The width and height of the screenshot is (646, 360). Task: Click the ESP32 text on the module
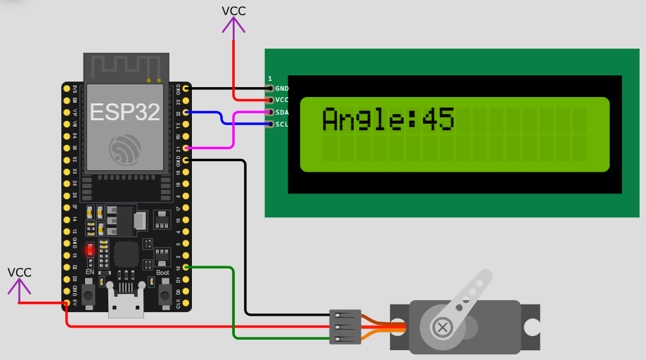click(x=124, y=112)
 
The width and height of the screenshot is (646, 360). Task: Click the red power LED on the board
click(x=89, y=250)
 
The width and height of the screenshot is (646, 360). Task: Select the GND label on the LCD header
click(x=282, y=89)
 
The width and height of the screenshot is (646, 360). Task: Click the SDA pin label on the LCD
click(x=282, y=112)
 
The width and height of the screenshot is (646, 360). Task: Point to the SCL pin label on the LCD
click(x=282, y=124)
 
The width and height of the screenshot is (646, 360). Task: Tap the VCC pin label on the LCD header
click(x=282, y=101)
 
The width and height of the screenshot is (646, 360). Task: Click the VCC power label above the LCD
click(x=234, y=11)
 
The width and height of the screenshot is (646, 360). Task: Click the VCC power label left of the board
click(x=20, y=272)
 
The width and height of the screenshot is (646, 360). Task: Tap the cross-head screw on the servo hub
click(x=443, y=326)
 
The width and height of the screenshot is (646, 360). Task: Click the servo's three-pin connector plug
click(x=345, y=327)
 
